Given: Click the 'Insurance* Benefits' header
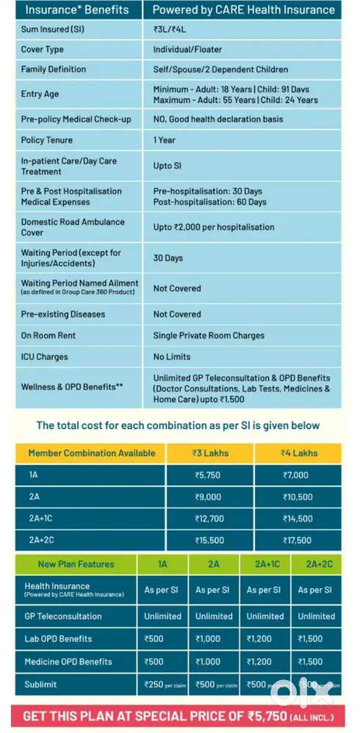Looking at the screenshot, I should [77, 10].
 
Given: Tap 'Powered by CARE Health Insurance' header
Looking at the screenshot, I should [243, 10].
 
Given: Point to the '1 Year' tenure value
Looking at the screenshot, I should [165, 140].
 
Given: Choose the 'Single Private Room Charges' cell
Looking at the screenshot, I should [209, 336].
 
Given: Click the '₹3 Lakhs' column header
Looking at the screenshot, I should [212, 453].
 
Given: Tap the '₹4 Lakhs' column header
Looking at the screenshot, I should [299, 453].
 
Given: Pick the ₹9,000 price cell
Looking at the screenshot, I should [208, 497].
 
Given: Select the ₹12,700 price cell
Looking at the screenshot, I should [209, 519].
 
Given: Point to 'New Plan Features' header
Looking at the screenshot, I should [76, 564].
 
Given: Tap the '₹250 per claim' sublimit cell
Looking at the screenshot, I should [163, 685].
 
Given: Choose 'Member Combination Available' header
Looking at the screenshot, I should [92, 453].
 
